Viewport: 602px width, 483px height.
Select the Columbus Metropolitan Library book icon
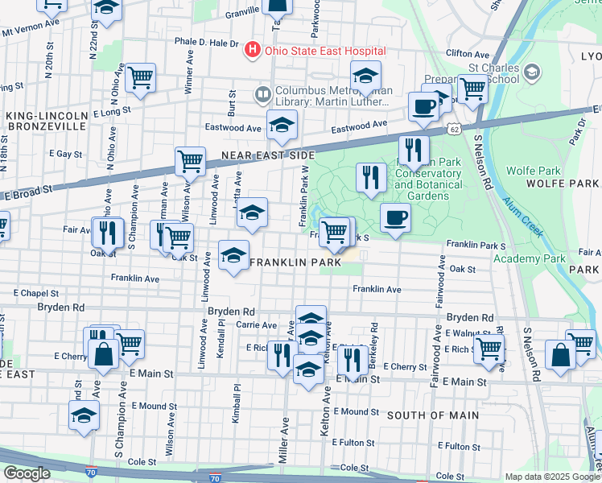(262, 95)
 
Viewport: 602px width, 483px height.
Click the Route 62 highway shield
(456, 129)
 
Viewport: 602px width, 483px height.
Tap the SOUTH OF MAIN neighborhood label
(432, 415)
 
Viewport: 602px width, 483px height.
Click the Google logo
(27, 473)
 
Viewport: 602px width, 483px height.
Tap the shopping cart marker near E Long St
(141, 79)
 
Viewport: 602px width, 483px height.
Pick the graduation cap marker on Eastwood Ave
(282, 126)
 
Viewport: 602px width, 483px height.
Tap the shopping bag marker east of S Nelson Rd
(560, 354)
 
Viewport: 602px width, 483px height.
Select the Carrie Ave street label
(257, 325)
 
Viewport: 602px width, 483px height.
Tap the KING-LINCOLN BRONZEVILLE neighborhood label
(45, 122)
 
